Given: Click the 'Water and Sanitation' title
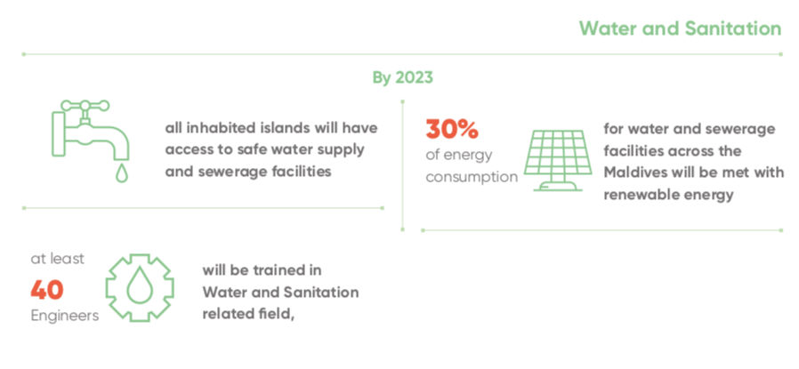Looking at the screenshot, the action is pos(680,28).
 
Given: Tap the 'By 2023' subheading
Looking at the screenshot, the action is pos(402,78).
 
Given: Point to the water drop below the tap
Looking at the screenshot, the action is pos(121,172).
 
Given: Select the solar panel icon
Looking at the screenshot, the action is pos(558,160).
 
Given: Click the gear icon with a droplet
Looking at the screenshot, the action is pos(140,287).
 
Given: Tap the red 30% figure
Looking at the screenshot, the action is pos(452,129).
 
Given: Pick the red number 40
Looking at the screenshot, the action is pos(47,290).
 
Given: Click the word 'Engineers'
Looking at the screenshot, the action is pos(65,316).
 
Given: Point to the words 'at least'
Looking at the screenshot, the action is pos(58,259).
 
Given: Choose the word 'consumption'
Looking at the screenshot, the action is pos(472,178).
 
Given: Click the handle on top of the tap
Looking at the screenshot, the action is pos(85,106).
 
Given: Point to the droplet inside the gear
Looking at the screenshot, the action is pos(140,287).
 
